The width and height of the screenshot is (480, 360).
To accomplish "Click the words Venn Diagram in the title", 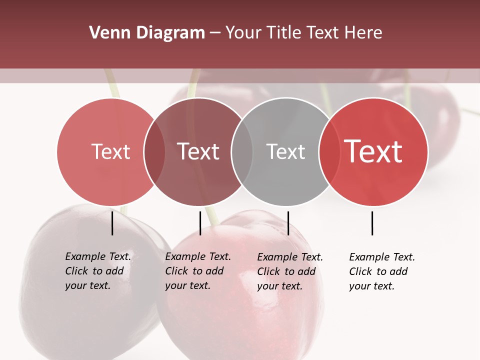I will point(147,33).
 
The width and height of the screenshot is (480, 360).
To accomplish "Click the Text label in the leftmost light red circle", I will point(110,151).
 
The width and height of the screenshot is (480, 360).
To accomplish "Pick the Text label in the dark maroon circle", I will point(198,151).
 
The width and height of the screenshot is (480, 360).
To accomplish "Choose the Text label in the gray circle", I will point(285,151).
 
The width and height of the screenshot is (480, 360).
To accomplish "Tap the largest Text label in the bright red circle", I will point(373,151).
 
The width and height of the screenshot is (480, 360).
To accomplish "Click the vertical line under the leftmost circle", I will point(112,223).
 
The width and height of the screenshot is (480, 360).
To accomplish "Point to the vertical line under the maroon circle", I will point(200,223).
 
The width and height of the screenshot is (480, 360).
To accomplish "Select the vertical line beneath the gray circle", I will point(288,223).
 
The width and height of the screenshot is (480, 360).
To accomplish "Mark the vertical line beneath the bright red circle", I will point(372,223).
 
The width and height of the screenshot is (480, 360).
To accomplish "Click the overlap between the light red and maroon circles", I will point(154,151).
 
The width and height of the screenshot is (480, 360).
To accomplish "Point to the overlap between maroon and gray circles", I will point(242,151).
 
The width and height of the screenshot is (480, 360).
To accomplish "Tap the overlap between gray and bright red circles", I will point(329,151).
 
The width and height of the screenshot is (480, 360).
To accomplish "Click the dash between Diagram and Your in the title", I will point(215,33).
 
